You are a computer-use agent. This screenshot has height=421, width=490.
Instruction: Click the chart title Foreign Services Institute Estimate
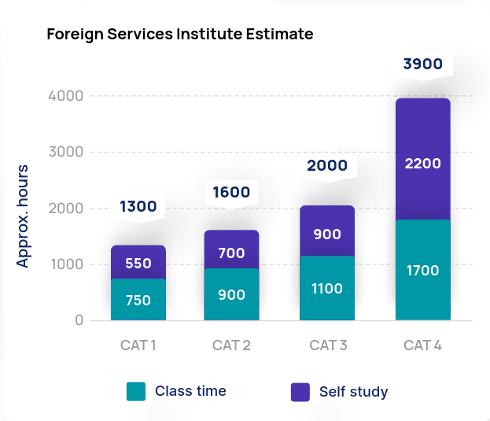tap(179, 35)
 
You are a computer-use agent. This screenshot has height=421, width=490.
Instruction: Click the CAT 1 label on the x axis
tap(138, 345)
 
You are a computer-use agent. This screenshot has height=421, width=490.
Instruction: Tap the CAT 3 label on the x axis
tap(327, 345)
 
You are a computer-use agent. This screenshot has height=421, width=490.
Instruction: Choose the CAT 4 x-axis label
tap(422, 345)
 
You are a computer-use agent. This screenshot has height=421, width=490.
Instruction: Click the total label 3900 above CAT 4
tap(422, 65)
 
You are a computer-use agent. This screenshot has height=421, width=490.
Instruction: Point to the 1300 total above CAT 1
tap(138, 207)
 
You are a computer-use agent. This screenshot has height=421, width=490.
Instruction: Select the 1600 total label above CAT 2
tap(230, 192)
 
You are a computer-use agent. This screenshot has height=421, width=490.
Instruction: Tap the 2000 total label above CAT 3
tap(327, 166)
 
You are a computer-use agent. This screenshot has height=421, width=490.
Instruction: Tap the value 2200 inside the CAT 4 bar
tap(422, 164)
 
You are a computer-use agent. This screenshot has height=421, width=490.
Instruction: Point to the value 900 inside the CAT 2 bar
tap(230, 295)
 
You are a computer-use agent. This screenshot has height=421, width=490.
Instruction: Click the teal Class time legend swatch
tap(136, 392)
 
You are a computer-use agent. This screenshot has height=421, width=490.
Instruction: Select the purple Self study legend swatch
tap(300, 392)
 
